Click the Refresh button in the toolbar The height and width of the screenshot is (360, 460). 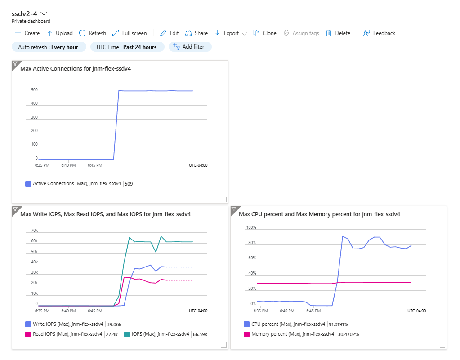(x=93, y=33)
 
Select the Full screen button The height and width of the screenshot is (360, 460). (x=130, y=33)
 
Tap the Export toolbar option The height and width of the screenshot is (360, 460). (x=231, y=33)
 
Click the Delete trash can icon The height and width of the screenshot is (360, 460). (x=329, y=33)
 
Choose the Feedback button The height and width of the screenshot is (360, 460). (x=379, y=33)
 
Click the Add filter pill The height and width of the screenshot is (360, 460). (x=190, y=47)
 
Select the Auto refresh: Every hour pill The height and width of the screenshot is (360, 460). (x=49, y=47)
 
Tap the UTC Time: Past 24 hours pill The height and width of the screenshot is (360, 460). (x=127, y=47)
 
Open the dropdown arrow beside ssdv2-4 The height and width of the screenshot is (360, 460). (x=44, y=13)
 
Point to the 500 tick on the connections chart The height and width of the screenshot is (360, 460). (x=34, y=90)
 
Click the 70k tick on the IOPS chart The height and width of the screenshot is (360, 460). (x=34, y=231)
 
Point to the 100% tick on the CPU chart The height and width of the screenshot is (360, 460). (x=251, y=227)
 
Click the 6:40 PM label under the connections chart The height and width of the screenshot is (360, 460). (x=68, y=165)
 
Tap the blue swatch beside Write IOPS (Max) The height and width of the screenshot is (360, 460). (x=28, y=324)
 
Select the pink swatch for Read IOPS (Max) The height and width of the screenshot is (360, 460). (x=28, y=334)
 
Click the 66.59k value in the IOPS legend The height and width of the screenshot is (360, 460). (x=200, y=334)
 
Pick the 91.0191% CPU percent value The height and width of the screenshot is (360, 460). (x=338, y=324)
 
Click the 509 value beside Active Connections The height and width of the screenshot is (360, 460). (x=129, y=184)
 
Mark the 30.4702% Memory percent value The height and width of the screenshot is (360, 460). (x=348, y=334)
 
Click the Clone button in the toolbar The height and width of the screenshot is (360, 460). (x=265, y=33)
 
